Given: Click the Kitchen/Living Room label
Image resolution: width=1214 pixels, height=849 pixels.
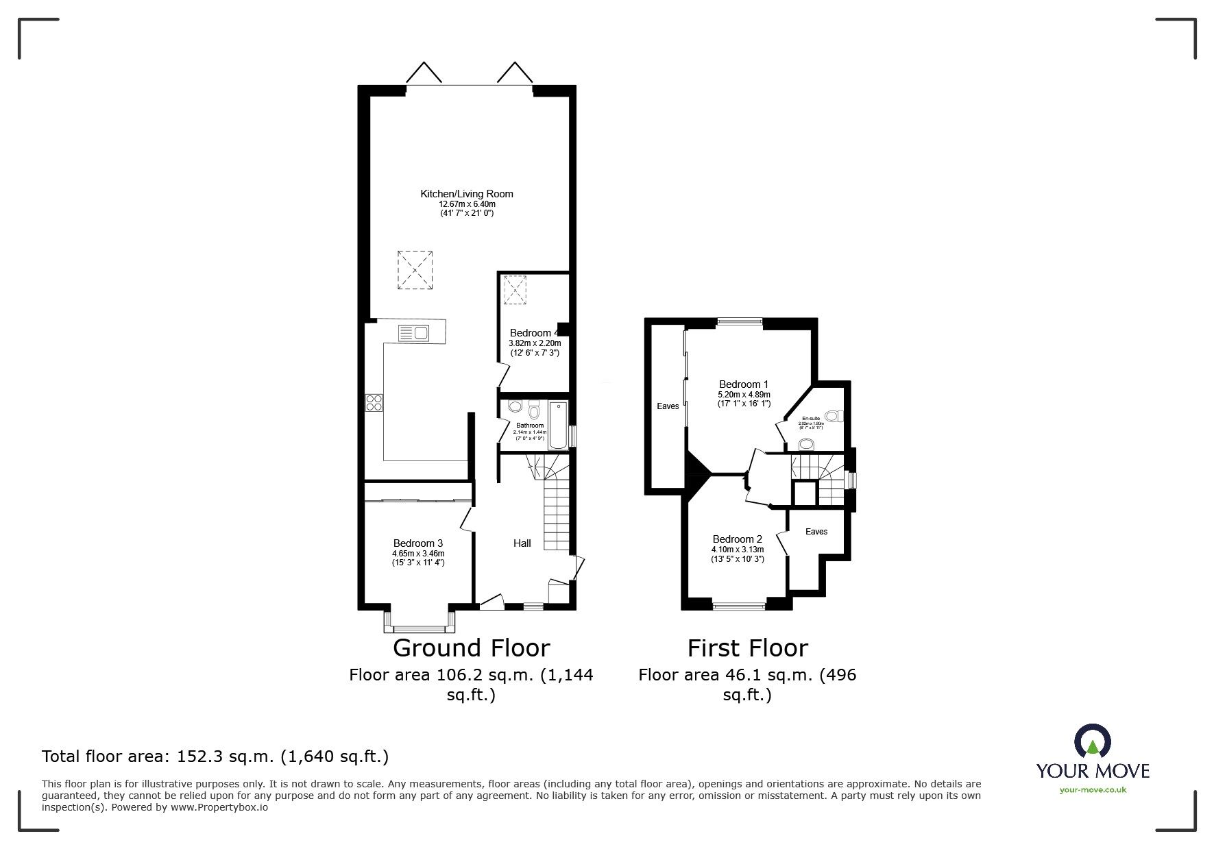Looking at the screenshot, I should point(466,194).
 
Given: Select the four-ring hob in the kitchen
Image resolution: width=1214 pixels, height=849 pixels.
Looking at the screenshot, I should point(374,402).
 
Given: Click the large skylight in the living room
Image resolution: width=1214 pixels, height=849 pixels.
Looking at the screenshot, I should point(415,269).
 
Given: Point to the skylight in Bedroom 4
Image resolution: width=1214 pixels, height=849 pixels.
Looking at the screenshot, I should point(514,289).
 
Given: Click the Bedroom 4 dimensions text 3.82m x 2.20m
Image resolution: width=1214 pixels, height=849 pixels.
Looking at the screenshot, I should point(535,343).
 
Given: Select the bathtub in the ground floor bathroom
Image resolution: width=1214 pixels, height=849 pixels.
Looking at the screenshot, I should point(558,425).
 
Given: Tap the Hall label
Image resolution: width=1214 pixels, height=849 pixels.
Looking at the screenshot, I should point(522,543).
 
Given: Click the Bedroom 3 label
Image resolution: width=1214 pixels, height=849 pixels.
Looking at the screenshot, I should point(418,543).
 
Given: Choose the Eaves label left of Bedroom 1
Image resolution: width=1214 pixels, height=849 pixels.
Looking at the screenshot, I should point(668,406).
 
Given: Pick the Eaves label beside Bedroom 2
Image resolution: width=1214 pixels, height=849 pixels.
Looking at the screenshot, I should point(816,532).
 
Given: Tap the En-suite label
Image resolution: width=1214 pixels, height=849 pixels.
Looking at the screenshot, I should point(812,418).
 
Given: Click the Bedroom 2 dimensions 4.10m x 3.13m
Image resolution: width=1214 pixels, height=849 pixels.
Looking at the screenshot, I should point(738,550).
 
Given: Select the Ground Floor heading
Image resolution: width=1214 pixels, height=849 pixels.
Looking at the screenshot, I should point(471,648).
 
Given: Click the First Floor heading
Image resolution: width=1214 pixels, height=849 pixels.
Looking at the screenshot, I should point(747,648).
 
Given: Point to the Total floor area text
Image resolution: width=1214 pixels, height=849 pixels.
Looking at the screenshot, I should point(215,756).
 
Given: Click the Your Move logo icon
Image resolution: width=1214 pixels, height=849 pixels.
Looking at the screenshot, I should point(1092,741).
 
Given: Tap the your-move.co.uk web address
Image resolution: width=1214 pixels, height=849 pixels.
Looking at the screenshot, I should point(1093,790).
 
